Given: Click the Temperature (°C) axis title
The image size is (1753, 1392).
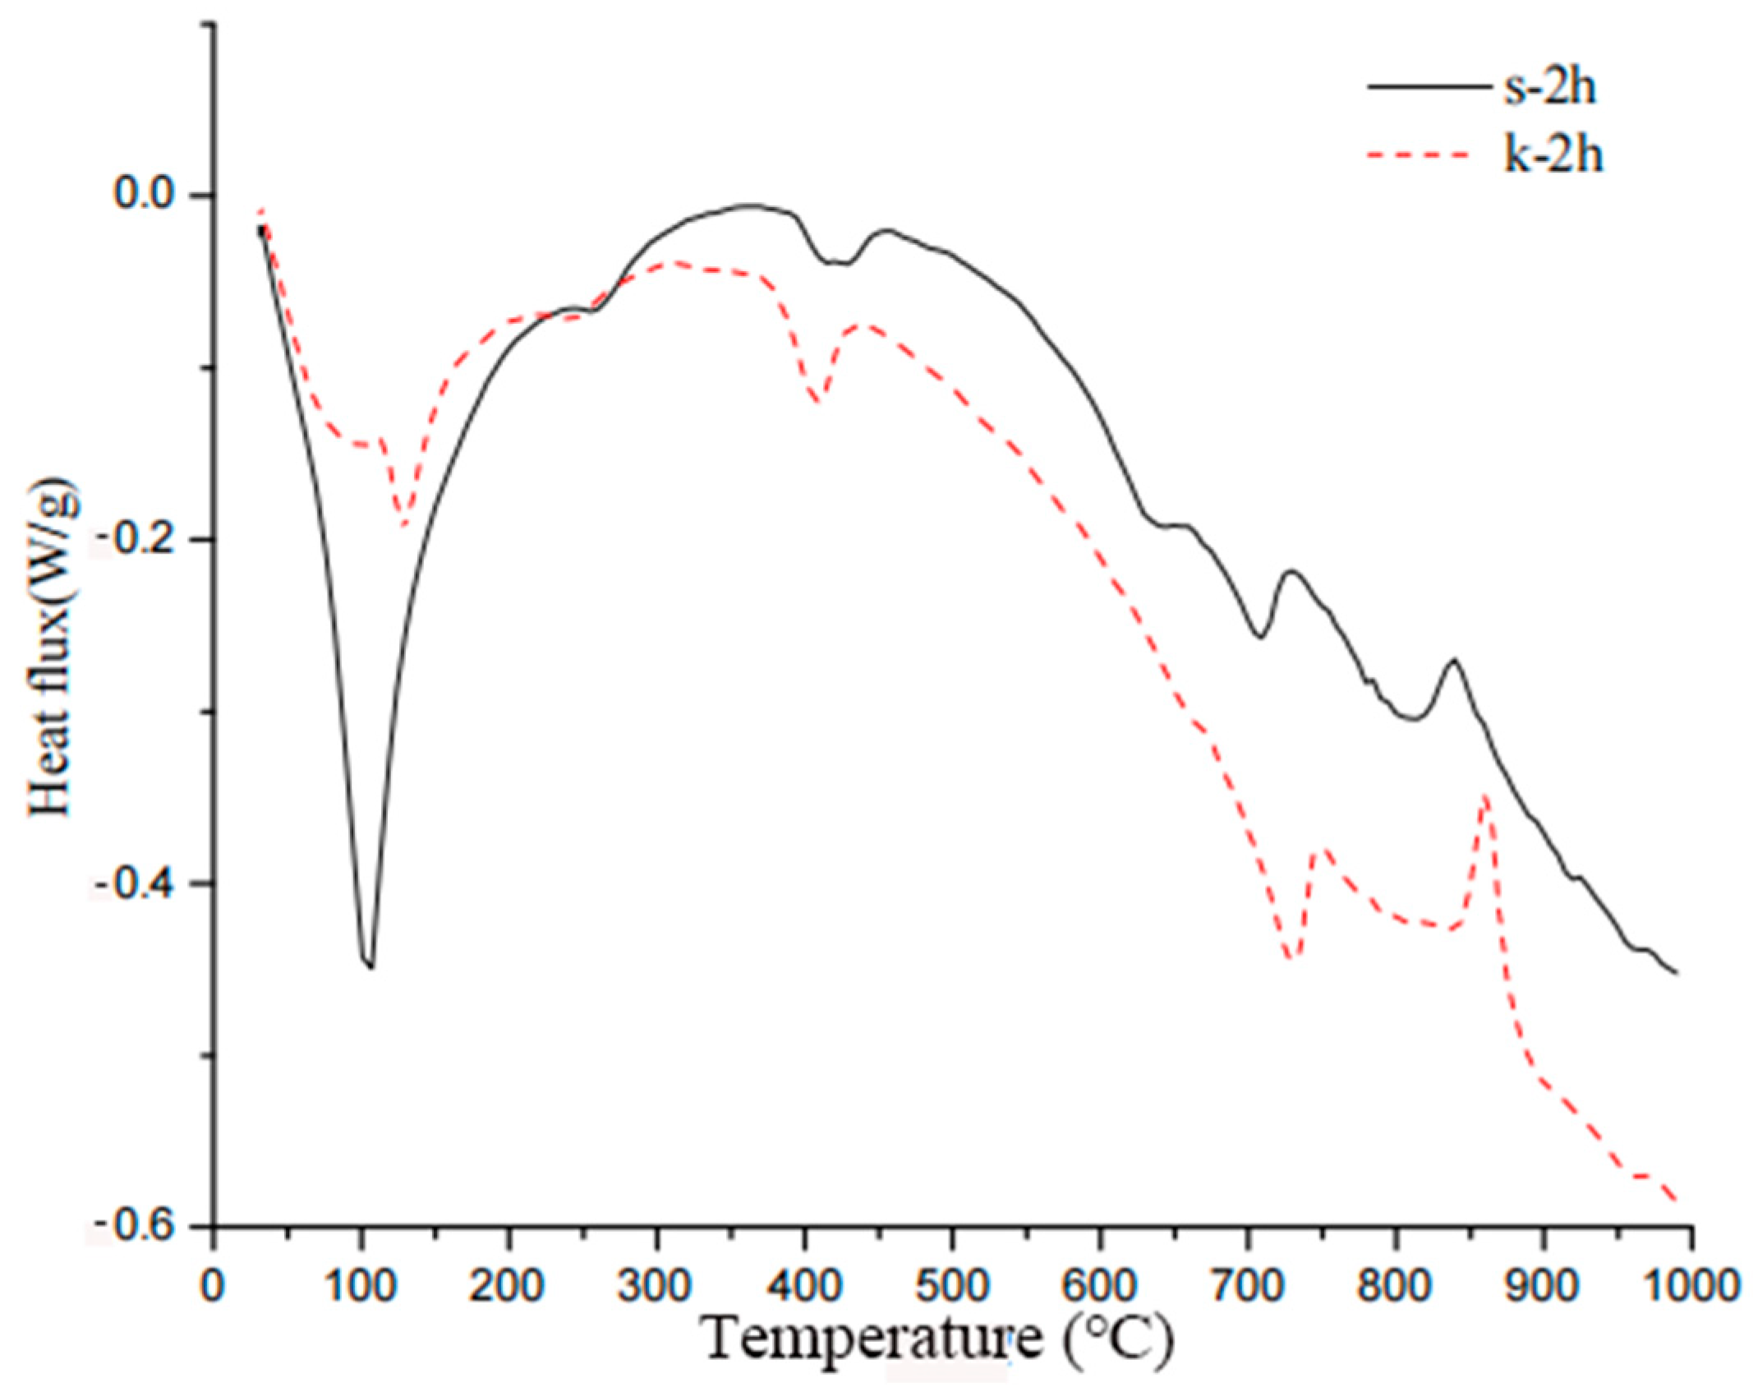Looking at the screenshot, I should [x=936, y=1341].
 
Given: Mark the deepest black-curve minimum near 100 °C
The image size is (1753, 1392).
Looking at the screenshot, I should [x=370, y=966].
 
